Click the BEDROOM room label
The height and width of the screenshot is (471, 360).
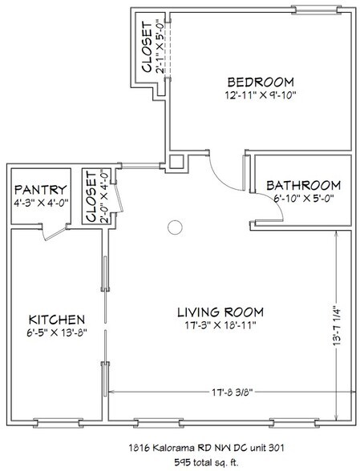pyautogui.click(x=261, y=82)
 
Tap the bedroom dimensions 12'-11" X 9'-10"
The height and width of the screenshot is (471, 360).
pyautogui.click(x=261, y=95)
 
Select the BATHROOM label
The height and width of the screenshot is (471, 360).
pyautogui.click(x=303, y=185)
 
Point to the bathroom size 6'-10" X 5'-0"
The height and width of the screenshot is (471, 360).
pyautogui.click(x=304, y=199)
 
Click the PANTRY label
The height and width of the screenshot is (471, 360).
pyautogui.click(x=41, y=190)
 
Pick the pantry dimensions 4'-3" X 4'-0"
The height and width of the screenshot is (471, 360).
pyautogui.click(x=41, y=203)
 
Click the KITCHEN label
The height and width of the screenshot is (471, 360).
pyautogui.click(x=57, y=320)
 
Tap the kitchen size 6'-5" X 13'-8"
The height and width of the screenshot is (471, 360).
pyautogui.click(x=57, y=332)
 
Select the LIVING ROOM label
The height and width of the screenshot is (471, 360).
pyautogui.click(x=220, y=312)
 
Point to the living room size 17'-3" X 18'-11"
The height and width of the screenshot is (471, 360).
pyautogui.click(x=220, y=325)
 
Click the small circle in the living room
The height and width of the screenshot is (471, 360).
pyautogui.click(x=175, y=227)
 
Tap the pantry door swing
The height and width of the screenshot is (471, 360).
pyautogui.click(x=55, y=233)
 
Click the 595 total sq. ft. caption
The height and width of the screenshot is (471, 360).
pyautogui.click(x=206, y=462)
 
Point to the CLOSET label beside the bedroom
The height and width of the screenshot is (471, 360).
pyautogui.click(x=147, y=46)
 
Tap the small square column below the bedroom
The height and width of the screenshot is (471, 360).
pyautogui.click(x=176, y=162)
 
